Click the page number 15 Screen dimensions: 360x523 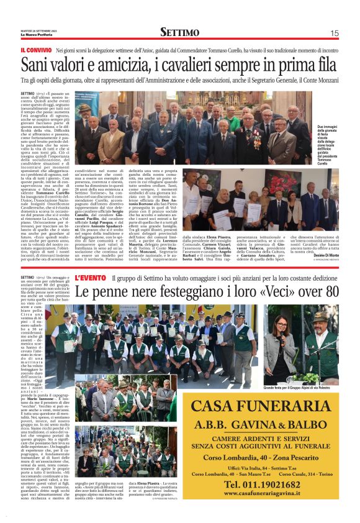(x=334, y=33)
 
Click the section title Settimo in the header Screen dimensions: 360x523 (x=179, y=32)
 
